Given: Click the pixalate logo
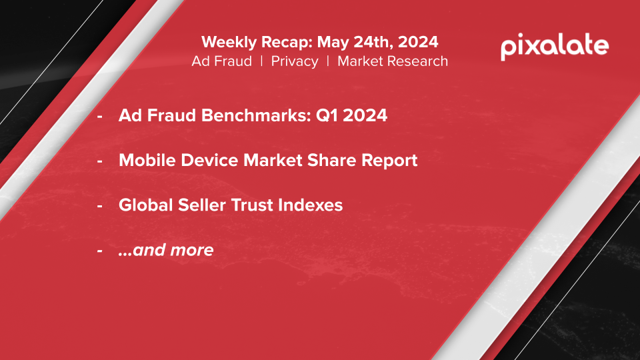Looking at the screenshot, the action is click(x=555, y=47).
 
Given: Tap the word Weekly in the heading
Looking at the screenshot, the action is click(x=229, y=43).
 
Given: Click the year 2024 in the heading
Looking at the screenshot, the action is click(x=418, y=41).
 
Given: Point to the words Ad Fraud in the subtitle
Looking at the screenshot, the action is click(x=221, y=61).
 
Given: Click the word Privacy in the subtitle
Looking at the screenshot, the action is click(x=294, y=61).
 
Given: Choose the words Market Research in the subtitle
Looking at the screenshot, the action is click(x=393, y=61).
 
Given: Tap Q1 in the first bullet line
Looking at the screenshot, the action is click(x=327, y=115).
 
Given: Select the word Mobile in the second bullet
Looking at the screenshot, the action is click(x=147, y=160).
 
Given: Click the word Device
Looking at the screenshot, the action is click(x=209, y=160).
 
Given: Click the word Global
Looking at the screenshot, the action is click(x=146, y=205).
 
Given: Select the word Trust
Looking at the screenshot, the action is click(x=252, y=205).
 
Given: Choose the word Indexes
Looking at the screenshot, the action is click(x=310, y=205).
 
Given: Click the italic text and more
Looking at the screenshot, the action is click(x=166, y=250).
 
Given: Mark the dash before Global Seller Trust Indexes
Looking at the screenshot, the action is click(x=100, y=206).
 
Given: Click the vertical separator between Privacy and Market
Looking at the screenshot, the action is click(x=328, y=61).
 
